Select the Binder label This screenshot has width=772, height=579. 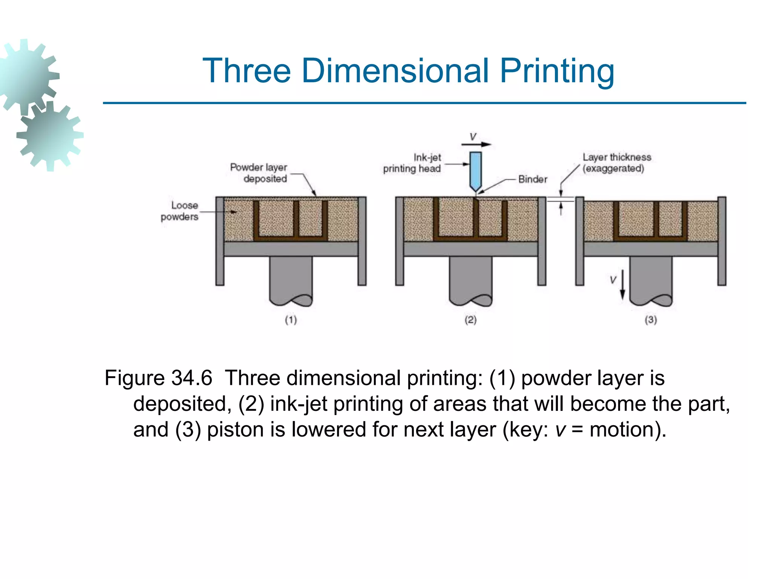(x=532, y=179)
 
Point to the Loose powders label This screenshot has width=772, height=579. (x=180, y=211)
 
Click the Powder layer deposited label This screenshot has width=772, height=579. (x=259, y=173)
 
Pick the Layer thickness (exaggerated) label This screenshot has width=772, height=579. (x=616, y=162)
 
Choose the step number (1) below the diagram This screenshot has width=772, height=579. (x=291, y=320)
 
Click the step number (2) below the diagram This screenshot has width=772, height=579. (x=470, y=320)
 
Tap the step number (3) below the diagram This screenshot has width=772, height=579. (x=651, y=320)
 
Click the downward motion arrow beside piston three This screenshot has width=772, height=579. (x=622, y=285)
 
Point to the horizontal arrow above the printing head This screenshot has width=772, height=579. (x=476, y=144)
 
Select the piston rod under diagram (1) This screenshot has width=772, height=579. (x=291, y=279)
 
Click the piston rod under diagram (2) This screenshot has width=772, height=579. (x=470, y=279)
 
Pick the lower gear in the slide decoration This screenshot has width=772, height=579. (x=50, y=136)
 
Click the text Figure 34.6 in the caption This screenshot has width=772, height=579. (x=158, y=378)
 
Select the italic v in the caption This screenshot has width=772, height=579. (x=561, y=430)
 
